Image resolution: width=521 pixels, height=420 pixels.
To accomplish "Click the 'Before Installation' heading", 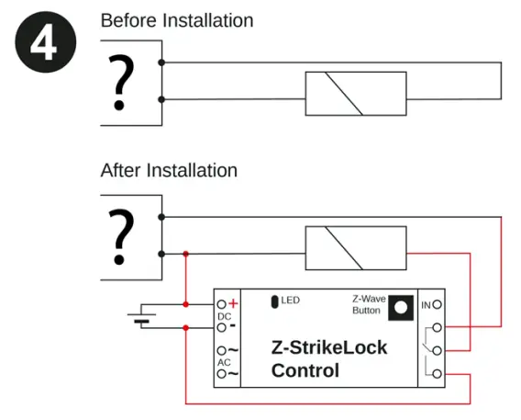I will (176, 19).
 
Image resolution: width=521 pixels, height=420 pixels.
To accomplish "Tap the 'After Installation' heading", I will (169, 170).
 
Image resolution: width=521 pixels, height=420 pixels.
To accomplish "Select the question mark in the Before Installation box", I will (116, 83).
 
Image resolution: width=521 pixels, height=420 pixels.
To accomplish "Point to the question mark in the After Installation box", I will (116, 235).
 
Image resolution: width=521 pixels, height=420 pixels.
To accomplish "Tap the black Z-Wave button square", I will (399, 307).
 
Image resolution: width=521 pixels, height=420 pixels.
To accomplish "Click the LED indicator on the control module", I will (273, 301).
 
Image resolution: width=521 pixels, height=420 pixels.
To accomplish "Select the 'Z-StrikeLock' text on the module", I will (329, 348).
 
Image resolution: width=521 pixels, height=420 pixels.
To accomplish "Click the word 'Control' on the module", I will (305, 371).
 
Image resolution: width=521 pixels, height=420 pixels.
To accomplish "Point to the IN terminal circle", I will (438, 304).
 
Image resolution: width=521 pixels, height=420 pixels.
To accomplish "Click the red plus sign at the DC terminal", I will (233, 303).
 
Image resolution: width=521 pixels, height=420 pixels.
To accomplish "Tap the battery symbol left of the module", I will (140, 317).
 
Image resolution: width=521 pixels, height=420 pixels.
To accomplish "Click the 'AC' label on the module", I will (223, 362).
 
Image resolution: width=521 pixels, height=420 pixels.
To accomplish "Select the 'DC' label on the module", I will (223, 316).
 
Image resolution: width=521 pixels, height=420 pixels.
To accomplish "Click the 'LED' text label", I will (291, 301).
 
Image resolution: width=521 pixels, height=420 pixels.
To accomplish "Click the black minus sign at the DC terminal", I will (233, 325).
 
